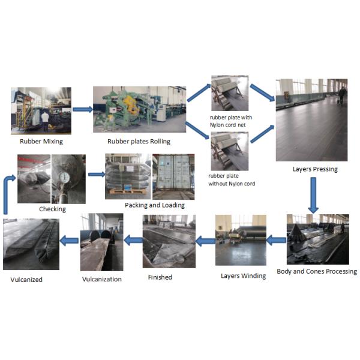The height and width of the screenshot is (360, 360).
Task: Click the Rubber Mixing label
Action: (x=41, y=142)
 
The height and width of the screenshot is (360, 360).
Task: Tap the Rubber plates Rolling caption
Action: (x=139, y=142)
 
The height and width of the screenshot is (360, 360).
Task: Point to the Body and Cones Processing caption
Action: (x=317, y=271)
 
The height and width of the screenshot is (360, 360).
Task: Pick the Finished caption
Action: (x=160, y=277)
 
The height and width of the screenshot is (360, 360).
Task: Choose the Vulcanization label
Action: (x=101, y=279)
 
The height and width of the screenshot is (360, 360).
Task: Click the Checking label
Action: (x=52, y=209)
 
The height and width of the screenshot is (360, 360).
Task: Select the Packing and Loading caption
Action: (x=155, y=205)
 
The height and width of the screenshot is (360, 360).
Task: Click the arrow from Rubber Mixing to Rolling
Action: (x=82, y=109)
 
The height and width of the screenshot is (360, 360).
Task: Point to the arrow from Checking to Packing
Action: (x=95, y=175)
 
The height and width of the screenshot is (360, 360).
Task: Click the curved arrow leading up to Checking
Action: (x=8, y=192)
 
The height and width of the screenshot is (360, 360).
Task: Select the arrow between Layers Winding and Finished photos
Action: (x=206, y=241)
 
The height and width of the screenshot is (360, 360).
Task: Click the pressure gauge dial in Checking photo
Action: (x=64, y=178)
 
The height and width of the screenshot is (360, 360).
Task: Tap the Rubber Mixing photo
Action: (x=41, y=110)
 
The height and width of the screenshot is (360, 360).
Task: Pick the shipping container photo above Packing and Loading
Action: (x=173, y=176)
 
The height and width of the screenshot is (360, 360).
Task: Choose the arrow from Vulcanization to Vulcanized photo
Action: (x=70, y=241)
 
